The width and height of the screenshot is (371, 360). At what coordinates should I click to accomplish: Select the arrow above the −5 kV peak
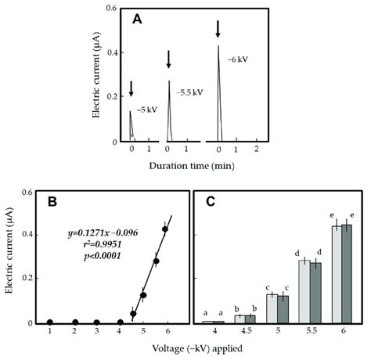click(x=131, y=89)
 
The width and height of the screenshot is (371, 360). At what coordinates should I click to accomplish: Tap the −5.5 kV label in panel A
click(x=188, y=92)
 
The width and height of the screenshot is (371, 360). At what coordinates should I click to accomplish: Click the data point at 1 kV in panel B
click(x=50, y=322)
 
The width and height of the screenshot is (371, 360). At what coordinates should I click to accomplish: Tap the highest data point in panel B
click(x=165, y=229)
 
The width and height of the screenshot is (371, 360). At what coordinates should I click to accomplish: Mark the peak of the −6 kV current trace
click(x=218, y=47)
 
